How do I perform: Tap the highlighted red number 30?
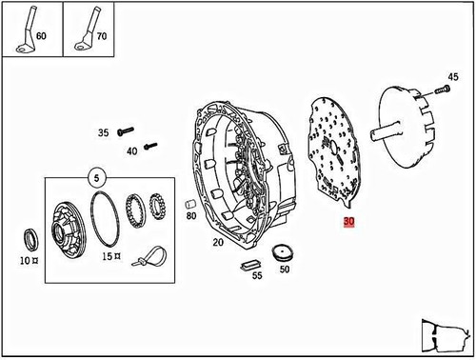point(348,222)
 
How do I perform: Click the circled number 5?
point(95,176)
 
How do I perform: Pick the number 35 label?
point(104,133)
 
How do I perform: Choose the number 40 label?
point(131,150)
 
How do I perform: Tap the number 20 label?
point(218,243)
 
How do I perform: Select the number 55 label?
point(256,275)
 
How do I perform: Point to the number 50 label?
point(284,270)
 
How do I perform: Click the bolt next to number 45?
point(442,90)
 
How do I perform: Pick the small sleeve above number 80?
point(188,205)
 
